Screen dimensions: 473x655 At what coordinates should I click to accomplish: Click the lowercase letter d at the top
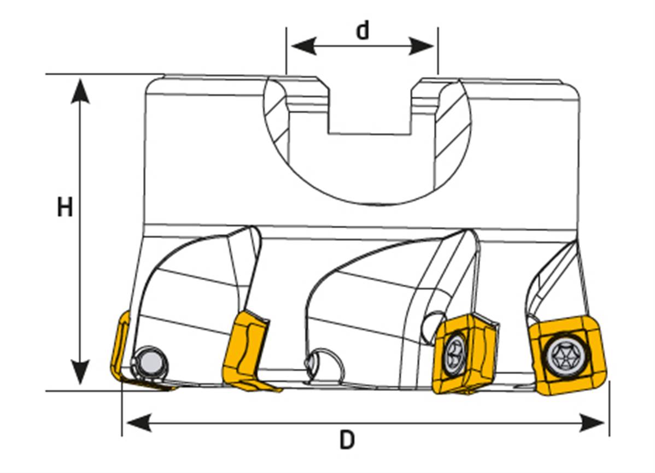pyautogui.click(x=362, y=31)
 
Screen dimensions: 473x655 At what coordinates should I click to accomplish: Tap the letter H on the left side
pyautogui.click(x=65, y=208)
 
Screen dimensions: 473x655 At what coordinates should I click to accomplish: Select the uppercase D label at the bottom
pyautogui.click(x=347, y=440)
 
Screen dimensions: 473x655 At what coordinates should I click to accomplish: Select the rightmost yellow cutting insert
pyautogui.click(x=569, y=356)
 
